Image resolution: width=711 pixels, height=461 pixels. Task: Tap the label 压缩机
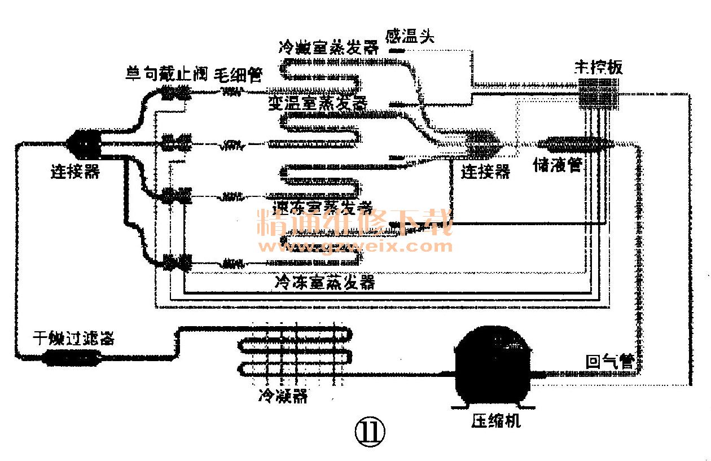point(496,420)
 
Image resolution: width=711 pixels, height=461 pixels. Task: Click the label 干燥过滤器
point(73,339)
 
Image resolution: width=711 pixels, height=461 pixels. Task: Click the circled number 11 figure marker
point(369,432)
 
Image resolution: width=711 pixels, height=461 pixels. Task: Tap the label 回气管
point(610,362)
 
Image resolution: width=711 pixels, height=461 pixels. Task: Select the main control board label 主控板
point(598,68)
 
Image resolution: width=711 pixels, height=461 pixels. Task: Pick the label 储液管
point(558,165)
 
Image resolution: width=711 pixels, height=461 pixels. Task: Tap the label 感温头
point(410,37)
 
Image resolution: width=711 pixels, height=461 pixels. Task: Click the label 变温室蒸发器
point(318,103)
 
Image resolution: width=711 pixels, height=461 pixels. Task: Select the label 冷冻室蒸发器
point(325,282)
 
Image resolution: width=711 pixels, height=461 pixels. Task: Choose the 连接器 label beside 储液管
point(485,171)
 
